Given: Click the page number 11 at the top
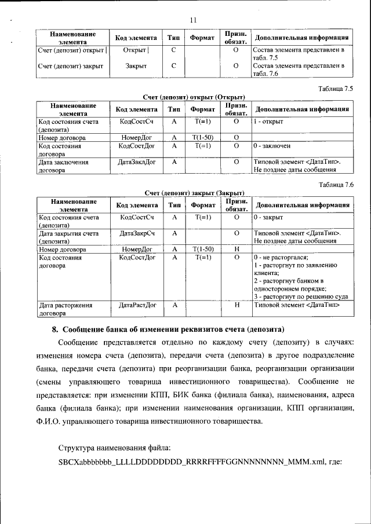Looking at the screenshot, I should click(x=194, y=20).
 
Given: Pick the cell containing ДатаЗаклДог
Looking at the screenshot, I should click(x=136, y=162).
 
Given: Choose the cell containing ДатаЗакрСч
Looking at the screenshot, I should click(x=136, y=233).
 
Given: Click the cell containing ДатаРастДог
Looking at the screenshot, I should click(x=137, y=304).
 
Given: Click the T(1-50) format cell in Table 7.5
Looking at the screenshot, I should click(x=202, y=138).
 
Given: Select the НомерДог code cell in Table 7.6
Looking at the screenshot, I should click(x=137, y=248).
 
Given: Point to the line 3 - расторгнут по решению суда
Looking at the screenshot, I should click(x=300, y=296).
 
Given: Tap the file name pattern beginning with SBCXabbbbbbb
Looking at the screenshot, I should click(x=200, y=462).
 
